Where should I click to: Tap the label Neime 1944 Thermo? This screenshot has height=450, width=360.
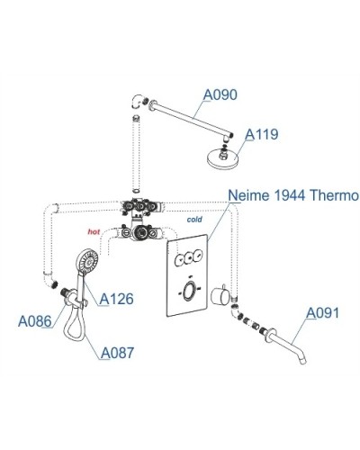(x=293, y=195)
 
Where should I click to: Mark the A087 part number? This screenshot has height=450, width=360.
(x=118, y=353)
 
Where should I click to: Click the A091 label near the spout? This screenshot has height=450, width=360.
(x=323, y=313)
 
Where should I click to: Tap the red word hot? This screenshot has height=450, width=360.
(x=94, y=230)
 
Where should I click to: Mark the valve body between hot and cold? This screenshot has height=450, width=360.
(x=139, y=232)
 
